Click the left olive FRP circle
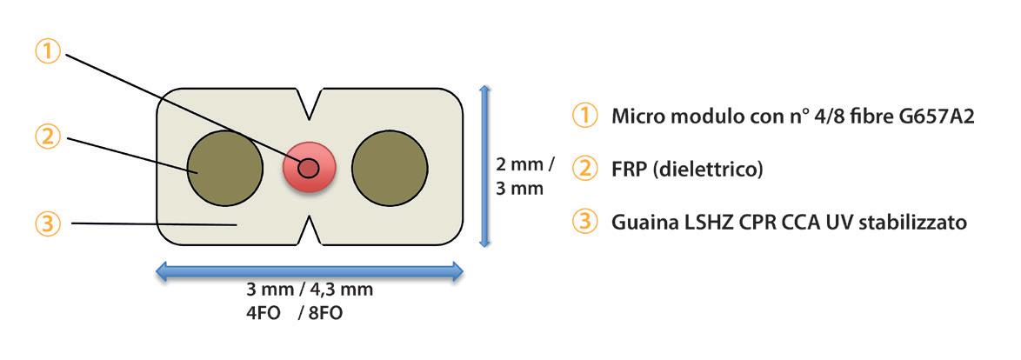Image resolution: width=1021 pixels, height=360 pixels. (x=226, y=168)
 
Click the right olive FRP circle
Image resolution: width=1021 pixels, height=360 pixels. (x=390, y=168)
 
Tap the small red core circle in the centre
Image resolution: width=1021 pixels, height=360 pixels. (x=308, y=168)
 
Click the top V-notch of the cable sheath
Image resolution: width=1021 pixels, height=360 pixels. (x=308, y=103)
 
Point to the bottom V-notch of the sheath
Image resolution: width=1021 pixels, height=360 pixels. (x=308, y=232)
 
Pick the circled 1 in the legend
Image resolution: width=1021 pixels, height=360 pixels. (x=584, y=116)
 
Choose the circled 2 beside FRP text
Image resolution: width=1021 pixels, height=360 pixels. (x=584, y=168)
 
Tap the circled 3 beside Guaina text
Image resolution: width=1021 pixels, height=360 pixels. (x=584, y=222)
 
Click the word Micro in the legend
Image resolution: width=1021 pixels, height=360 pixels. (x=637, y=116)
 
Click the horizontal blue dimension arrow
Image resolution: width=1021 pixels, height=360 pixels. (x=309, y=273)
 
